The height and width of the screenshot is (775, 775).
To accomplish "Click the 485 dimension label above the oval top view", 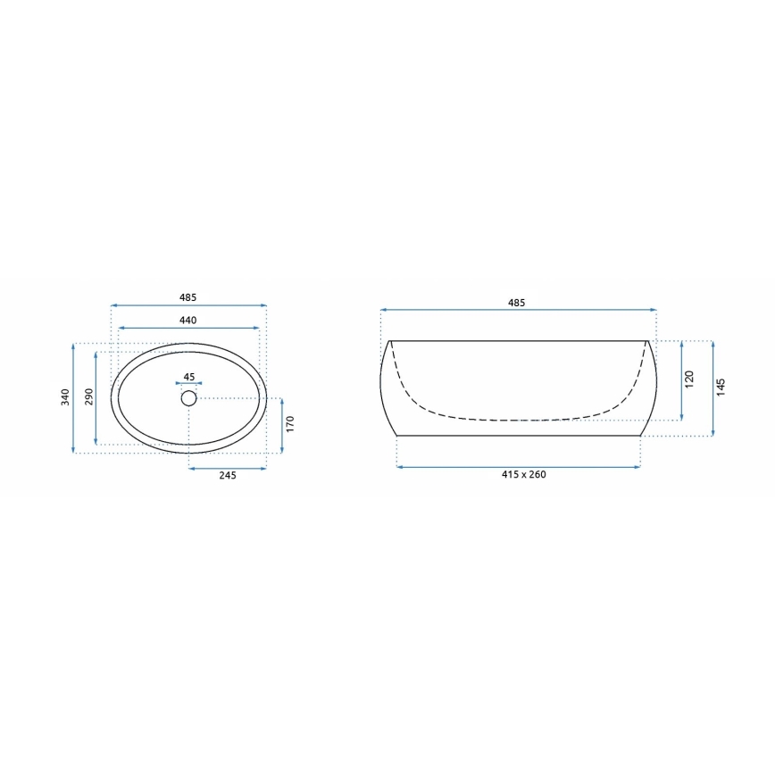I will (187, 297).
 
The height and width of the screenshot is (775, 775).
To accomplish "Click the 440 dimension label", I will (187, 320).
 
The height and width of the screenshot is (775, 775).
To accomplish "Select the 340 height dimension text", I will (64, 397).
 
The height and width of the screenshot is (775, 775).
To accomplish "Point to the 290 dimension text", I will (87, 398).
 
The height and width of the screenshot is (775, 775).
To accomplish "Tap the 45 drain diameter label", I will (188, 377).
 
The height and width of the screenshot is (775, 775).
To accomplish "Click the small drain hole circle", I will (188, 398).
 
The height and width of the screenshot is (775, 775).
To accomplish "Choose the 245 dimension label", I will (227, 476).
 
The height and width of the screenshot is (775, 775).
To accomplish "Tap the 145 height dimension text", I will (721, 387).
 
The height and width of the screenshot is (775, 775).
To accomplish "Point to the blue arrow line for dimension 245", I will (227, 467).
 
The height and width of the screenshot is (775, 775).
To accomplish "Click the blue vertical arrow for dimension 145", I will (712, 388).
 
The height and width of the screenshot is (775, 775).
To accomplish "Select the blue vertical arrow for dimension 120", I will (681, 380).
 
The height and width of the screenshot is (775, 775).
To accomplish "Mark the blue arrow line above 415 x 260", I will (518, 466).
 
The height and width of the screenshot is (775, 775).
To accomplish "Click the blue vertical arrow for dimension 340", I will (73, 397).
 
